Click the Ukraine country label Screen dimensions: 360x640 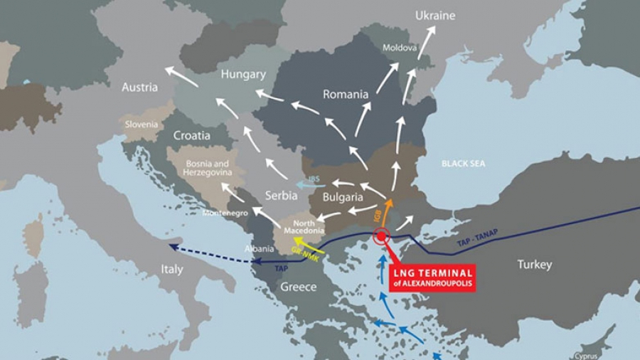(435, 16)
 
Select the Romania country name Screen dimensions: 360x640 (346, 94)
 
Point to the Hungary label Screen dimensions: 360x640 (243, 74)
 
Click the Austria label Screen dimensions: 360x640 (139, 88)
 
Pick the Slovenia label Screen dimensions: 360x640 (142, 124)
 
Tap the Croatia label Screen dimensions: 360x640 (192, 135)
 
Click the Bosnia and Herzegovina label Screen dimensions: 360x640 (206, 168)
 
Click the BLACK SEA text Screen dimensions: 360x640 (463, 164)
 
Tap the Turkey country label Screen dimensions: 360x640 (535, 265)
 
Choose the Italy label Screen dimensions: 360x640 (171, 270)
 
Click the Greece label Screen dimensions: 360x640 (299, 287)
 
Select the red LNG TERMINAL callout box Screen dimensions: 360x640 (432, 277)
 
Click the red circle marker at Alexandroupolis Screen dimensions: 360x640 (382, 236)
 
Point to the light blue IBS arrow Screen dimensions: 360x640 (306, 185)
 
